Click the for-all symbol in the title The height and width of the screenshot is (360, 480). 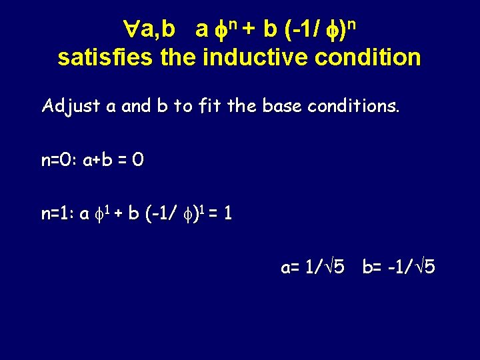[x=131, y=29]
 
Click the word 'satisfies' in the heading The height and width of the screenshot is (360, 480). [x=107, y=57]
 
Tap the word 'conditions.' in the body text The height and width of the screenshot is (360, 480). [x=351, y=107]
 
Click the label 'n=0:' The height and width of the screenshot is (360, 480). [x=59, y=161]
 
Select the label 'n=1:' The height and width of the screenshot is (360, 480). [x=58, y=215]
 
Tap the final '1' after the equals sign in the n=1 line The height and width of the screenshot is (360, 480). [x=228, y=215]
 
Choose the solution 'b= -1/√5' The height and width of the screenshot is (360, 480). [x=399, y=268]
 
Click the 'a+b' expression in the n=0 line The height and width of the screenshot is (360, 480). [x=99, y=161]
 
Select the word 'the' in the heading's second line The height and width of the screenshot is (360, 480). [x=179, y=57]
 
